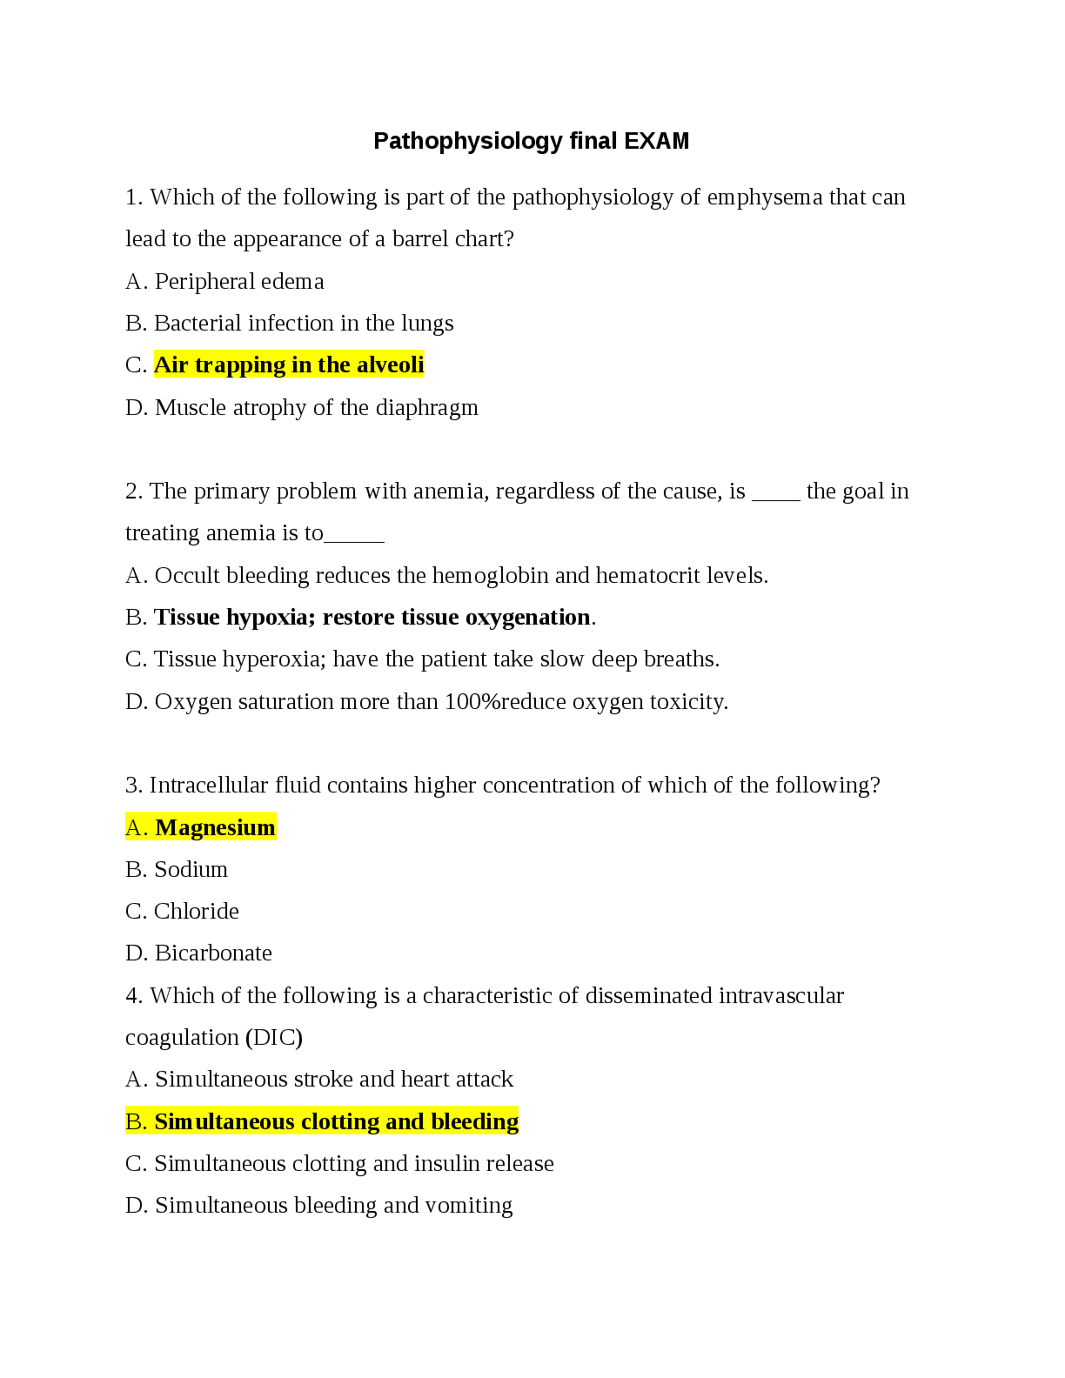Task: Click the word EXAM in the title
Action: [657, 141]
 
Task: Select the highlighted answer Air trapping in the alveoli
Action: [289, 365]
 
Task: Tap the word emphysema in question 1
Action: [765, 197]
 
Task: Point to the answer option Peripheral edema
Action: [239, 282]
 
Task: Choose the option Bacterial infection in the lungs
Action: [304, 324]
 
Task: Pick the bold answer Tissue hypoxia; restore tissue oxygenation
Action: [372, 618]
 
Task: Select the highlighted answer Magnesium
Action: [216, 827]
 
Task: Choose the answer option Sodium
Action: [191, 870]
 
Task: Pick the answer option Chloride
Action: [196, 912]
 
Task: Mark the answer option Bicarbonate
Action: [213, 953]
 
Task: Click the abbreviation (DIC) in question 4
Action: [274, 1038]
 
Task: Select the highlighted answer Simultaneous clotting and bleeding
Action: [337, 1122]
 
